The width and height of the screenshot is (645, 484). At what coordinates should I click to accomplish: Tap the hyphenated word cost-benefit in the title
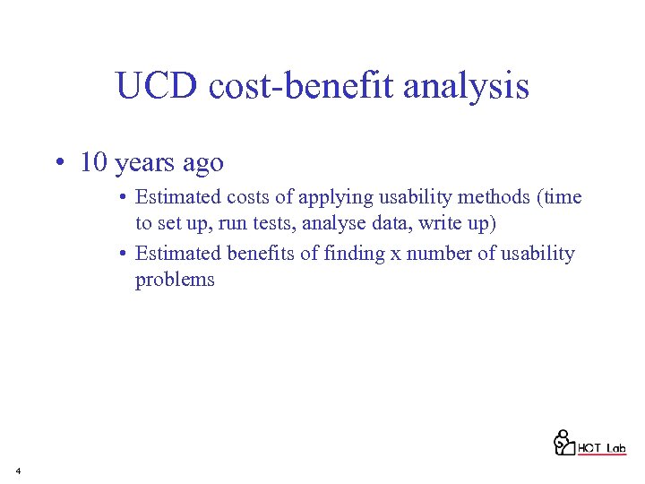(302, 87)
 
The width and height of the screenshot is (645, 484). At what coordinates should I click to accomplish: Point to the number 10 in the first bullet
(94, 162)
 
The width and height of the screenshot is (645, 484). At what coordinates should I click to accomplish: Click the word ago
(202, 164)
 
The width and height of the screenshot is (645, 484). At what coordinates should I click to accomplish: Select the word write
(424, 222)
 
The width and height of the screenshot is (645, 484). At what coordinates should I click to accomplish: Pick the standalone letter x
(395, 255)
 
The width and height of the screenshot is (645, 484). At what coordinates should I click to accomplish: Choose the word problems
(175, 280)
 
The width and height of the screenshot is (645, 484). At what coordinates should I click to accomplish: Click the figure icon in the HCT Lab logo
(563, 441)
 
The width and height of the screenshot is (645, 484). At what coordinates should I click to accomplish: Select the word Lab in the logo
(615, 447)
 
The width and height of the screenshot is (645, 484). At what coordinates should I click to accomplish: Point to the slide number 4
(18, 470)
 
